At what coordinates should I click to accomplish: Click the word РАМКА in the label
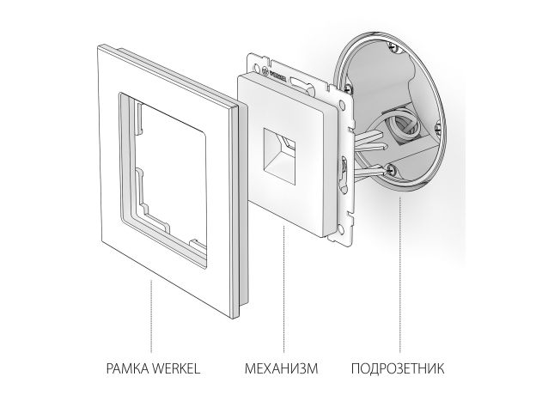[127, 368]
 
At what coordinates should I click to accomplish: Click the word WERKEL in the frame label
[176, 368]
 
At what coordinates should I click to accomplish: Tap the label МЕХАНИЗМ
[282, 368]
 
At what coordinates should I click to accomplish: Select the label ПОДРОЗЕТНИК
[398, 368]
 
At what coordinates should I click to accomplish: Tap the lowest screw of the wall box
[390, 168]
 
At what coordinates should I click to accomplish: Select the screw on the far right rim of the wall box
[439, 129]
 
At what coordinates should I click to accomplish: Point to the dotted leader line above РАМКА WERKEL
[151, 316]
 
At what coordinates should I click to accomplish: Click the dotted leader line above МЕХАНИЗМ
[283, 289]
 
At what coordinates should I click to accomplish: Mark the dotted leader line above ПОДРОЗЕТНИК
[399, 274]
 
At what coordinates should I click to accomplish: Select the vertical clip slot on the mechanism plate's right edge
[344, 170]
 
